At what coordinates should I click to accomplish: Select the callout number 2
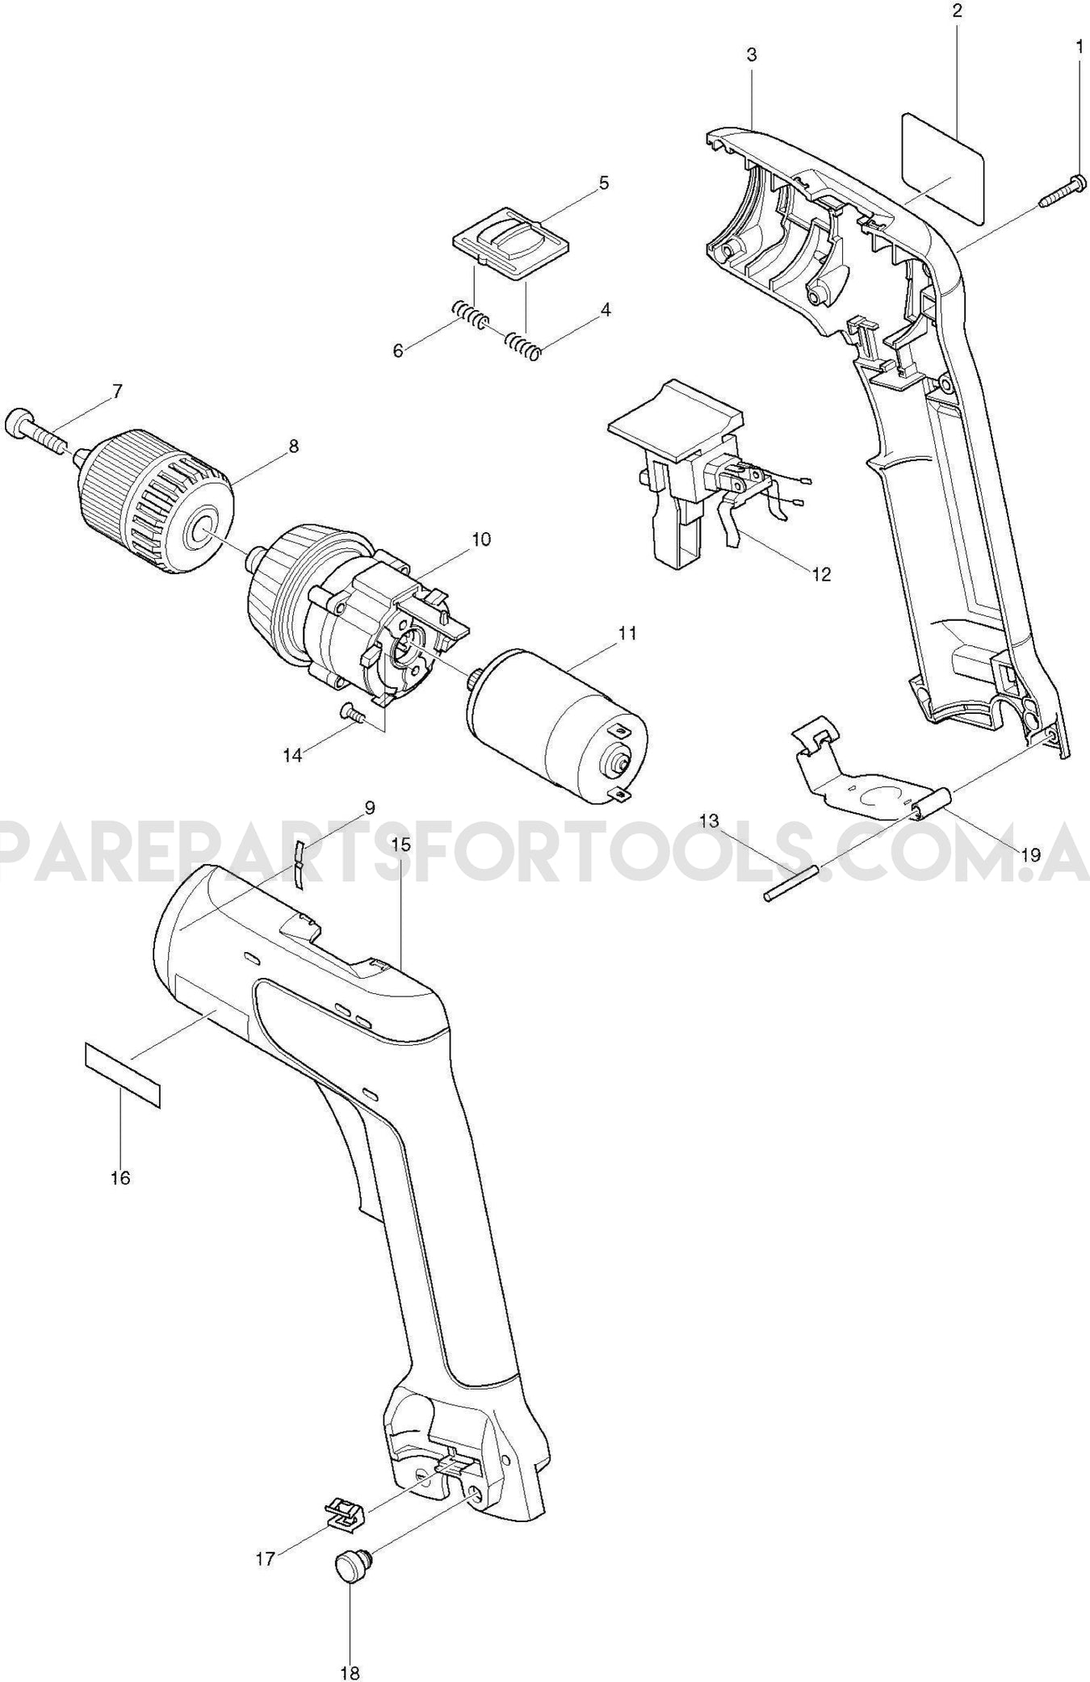click(x=957, y=11)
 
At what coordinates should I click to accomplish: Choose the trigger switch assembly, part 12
click(x=686, y=476)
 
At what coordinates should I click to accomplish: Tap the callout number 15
click(x=401, y=845)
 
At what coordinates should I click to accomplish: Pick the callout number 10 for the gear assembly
click(x=481, y=539)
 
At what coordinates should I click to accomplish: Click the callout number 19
click(x=1029, y=854)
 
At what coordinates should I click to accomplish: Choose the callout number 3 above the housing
click(x=751, y=55)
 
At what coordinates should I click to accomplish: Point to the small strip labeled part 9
click(x=300, y=863)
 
